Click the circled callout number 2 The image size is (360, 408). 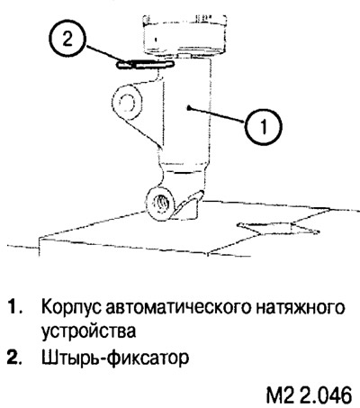[x=67, y=40]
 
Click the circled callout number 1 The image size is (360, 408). [x=264, y=127]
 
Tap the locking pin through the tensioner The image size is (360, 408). [x=145, y=65]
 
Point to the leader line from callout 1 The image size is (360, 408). [x=216, y=114]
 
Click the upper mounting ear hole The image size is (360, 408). [x=127, y=103]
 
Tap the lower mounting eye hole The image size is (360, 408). [x=161, y=204]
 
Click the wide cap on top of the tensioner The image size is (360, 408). [x=184, y=34]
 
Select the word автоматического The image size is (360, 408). [x=177, y=307]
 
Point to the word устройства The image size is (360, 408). [x=88, y=331]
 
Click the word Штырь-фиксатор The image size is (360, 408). [x=115, y=358]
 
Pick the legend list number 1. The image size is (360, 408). [x=14, y=307]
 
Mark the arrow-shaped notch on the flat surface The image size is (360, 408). [x=277, y=228]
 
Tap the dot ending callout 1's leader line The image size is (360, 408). [x=187, y=107]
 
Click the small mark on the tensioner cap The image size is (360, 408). [x=156, y=39]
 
